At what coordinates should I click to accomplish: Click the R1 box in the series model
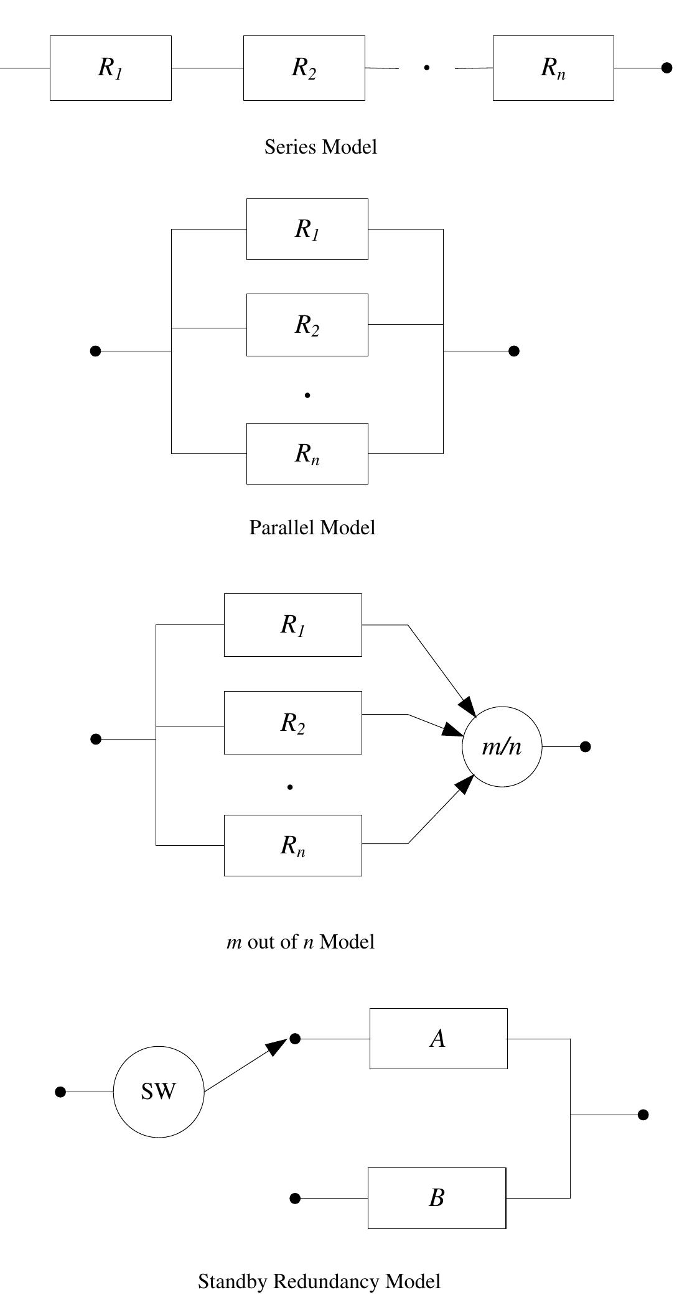pyautogui.click(x=110, y=68)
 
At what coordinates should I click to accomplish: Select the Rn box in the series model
pyautogui.click(x=553, y=68)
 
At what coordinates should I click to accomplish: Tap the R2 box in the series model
pyautogui.click(x=304, y=68)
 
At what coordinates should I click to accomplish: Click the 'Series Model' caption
pyautogui.click(x=320, y=147)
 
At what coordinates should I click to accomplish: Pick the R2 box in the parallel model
pyautogui.click(x=307, y=325)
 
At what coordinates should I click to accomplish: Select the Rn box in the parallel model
pyautogui.click(x=307, y=453)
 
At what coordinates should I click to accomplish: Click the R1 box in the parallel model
pyautogui.click(x=307, y=229)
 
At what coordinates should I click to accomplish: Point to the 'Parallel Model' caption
pyautogui.click(x=312, y=527)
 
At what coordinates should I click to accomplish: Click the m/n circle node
pyautogui.click(x=502, y=746)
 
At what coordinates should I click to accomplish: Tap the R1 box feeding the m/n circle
pyautogui.click(x=292, y=624)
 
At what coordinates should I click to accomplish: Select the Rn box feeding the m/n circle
pyautogui.click(x=292, y=845)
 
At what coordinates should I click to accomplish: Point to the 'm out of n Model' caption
pyautogui.click(x=301, y=942)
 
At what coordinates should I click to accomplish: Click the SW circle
pyautogui.click(x=159, y=1092)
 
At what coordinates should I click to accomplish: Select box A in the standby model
pyautogui.click(x=438, y=1039)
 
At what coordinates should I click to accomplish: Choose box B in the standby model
pyautogui.click(x=436, y=1198)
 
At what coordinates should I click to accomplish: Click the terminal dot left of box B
pyautogui.click(x=296, y=1198)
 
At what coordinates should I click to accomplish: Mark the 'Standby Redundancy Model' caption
pyautogui.click(x=319, y=1281)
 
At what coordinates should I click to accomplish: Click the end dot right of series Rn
pyautogui.click(x=666, y=68)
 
